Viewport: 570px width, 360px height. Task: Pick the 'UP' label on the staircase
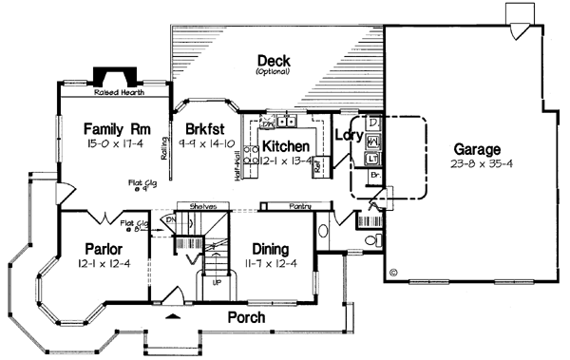click(216, 282)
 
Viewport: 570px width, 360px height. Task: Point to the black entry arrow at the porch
click(173, 316)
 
